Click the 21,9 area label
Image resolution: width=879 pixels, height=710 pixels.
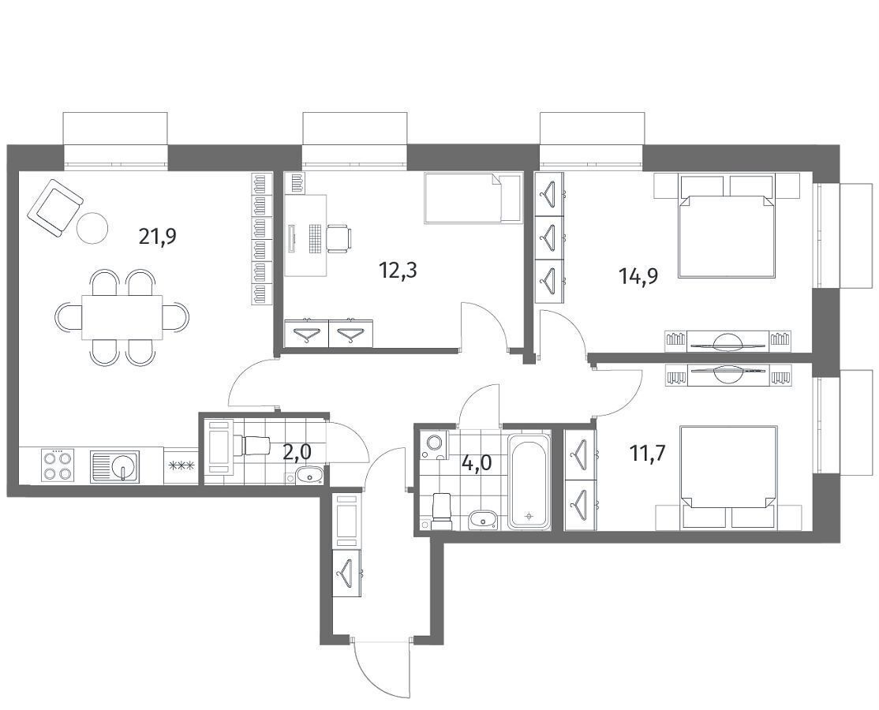(x=158, y=237)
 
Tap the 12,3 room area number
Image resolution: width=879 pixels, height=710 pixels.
(x=398, y=271)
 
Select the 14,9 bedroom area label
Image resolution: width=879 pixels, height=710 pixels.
(x=638, y=275)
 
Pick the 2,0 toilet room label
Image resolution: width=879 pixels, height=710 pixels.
(x=297, y=452)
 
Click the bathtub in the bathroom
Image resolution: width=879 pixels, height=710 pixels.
(x=529, y=480)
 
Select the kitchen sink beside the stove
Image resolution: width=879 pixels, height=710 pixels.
(x=115, y=466)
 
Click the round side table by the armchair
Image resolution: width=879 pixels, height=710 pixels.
(x=92, y=227)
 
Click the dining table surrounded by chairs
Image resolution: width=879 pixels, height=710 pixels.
(x=122, y=317)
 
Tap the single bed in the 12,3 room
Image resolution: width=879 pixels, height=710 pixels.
(x=473, y=198)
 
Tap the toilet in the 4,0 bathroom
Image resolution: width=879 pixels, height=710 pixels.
(x=440, y=507)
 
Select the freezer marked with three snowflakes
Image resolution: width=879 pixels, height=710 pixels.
(x=181, y=465)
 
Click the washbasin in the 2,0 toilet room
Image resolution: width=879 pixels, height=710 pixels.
(x=308, y=476)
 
